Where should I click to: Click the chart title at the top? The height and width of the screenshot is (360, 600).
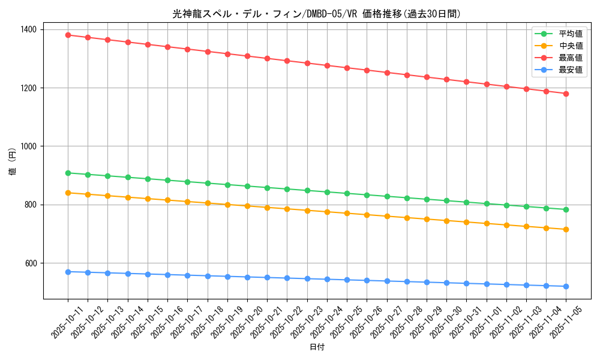(316, 14)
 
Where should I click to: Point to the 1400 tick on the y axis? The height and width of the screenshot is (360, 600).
(28, 29)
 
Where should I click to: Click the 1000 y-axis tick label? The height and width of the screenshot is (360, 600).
(28, 146)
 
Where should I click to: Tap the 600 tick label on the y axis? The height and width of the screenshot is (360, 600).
(30, 263)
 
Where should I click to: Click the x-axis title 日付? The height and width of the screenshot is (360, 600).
(317, 347)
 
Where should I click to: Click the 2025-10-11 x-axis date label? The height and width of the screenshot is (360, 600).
(58, 325)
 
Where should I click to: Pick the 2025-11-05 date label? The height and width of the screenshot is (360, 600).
(556, 325)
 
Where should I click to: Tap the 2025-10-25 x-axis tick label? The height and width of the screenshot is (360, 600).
(337, 325)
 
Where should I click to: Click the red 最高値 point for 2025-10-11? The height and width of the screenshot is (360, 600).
(68, 35)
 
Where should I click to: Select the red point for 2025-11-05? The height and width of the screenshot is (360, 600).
(566, 94)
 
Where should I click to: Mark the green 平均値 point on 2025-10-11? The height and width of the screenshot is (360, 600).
(68, 173)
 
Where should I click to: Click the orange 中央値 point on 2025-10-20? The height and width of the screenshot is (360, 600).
(247, 206)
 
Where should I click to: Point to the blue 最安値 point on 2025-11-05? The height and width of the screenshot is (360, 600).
(566, 286)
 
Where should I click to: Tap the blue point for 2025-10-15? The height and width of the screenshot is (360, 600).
(148, 274)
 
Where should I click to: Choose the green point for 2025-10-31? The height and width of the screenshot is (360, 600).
(466, 202)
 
